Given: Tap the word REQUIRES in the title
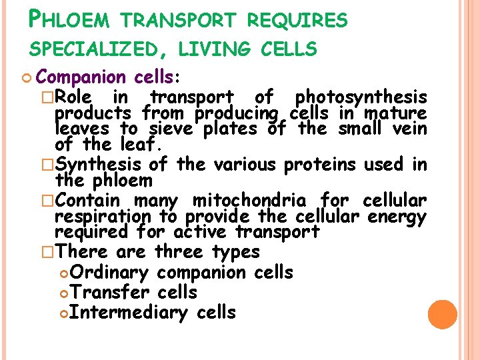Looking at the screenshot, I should [x=297, y=21].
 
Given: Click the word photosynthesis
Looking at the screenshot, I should [x=361, y=98].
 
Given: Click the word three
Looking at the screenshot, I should [x=179, y=252].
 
